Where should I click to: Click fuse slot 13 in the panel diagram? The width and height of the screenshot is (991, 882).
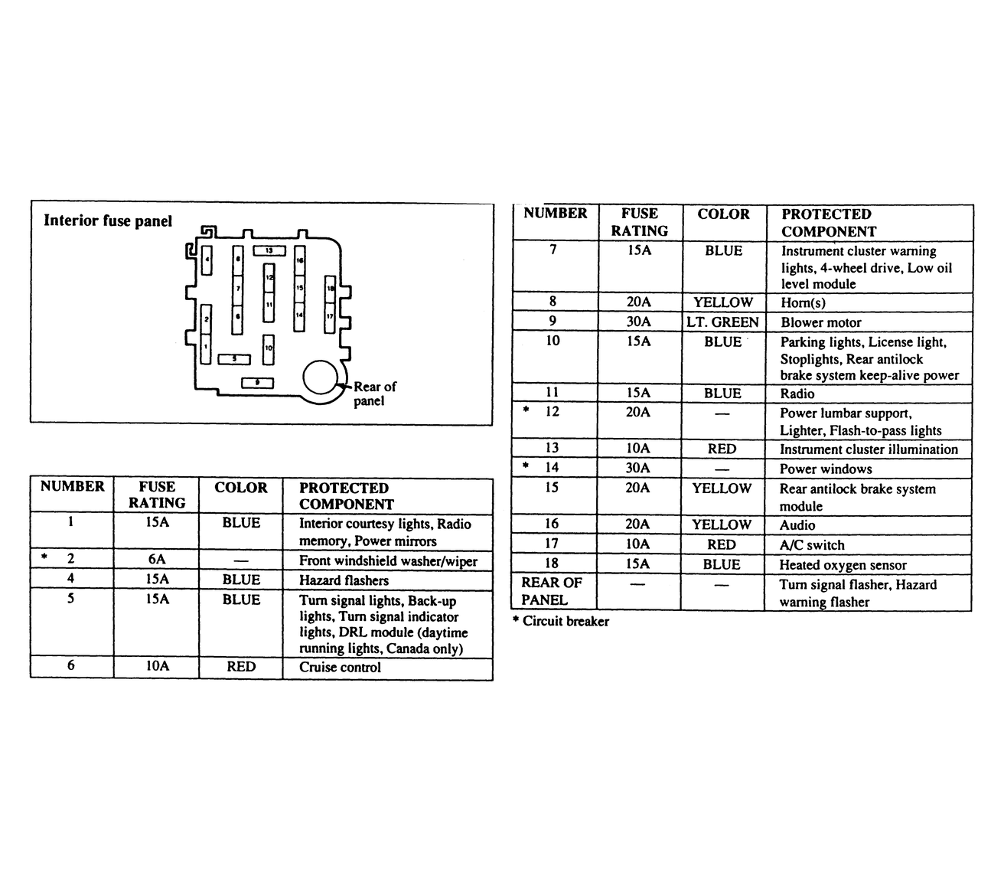click(269, 250)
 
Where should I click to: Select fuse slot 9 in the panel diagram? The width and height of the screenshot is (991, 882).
click(257, 382)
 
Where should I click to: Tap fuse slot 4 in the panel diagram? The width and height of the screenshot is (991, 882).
click(207, 260)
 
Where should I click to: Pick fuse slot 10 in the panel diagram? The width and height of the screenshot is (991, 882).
click(269, 348)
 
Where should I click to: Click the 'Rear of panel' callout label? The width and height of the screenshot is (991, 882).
click(374, 394)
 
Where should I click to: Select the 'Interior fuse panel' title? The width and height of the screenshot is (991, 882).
click(108, 220)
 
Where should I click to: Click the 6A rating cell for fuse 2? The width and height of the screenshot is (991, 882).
click(157, 560)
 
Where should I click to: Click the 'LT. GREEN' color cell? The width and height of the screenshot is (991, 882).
click(722, 322)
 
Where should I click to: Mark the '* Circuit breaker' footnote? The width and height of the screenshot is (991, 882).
click(560, 621)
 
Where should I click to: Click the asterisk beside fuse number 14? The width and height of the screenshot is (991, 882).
click(526, 466)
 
